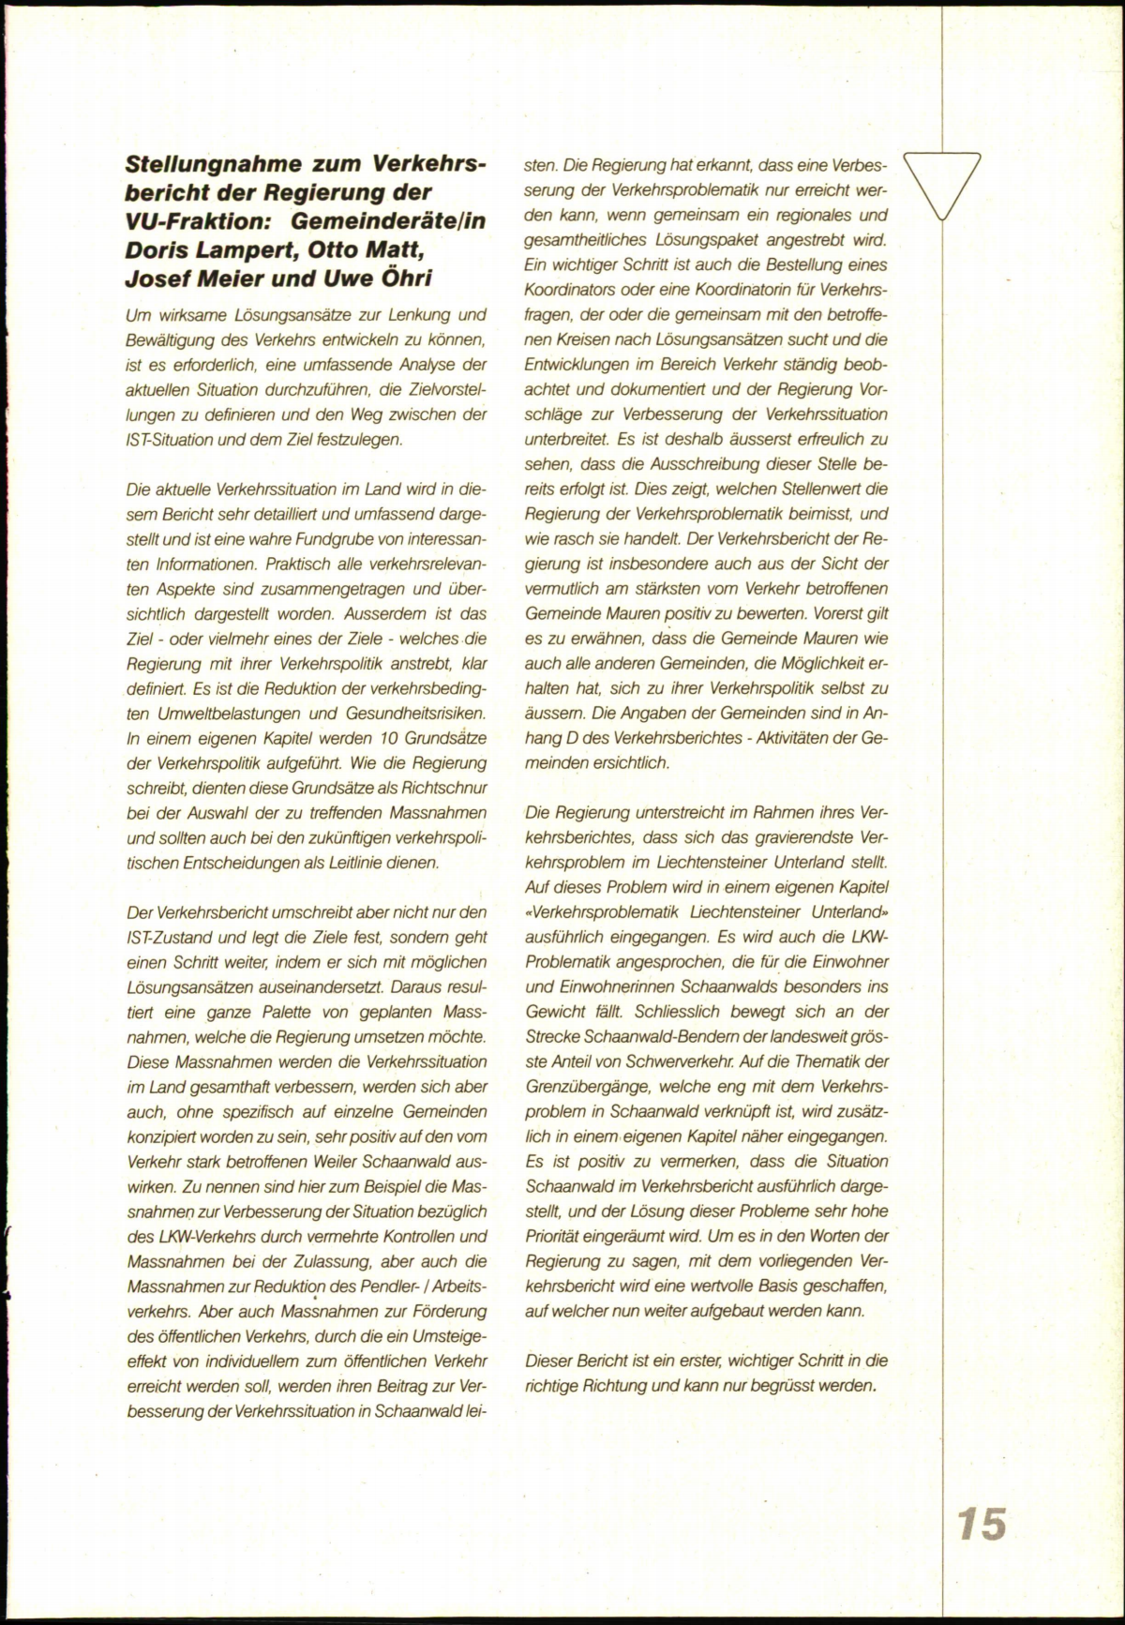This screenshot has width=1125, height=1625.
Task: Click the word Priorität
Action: coord(553,1236)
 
